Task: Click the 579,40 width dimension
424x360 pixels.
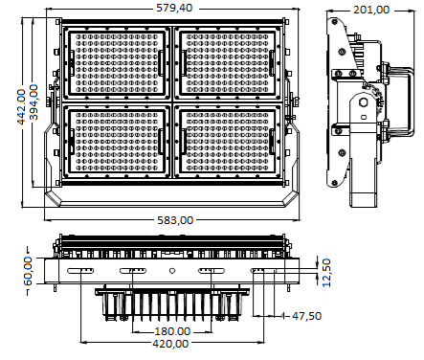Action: click(x=174, y=8)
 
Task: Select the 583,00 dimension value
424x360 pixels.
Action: click(x=175, y=220)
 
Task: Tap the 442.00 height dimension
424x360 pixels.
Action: click(x=21, y=106)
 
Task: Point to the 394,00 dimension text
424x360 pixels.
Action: click(x=33, y=102)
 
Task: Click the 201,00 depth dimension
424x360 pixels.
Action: click(x=371, y=10)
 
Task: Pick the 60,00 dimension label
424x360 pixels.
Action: click(x=28, y=271)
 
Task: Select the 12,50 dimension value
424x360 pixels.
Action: click(x=326, y=273)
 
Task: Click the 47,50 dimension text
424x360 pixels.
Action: click(x=306, y=316)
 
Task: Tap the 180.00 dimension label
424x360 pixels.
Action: click(x=172, y=331)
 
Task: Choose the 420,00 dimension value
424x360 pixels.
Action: click(x=170, y=344)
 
